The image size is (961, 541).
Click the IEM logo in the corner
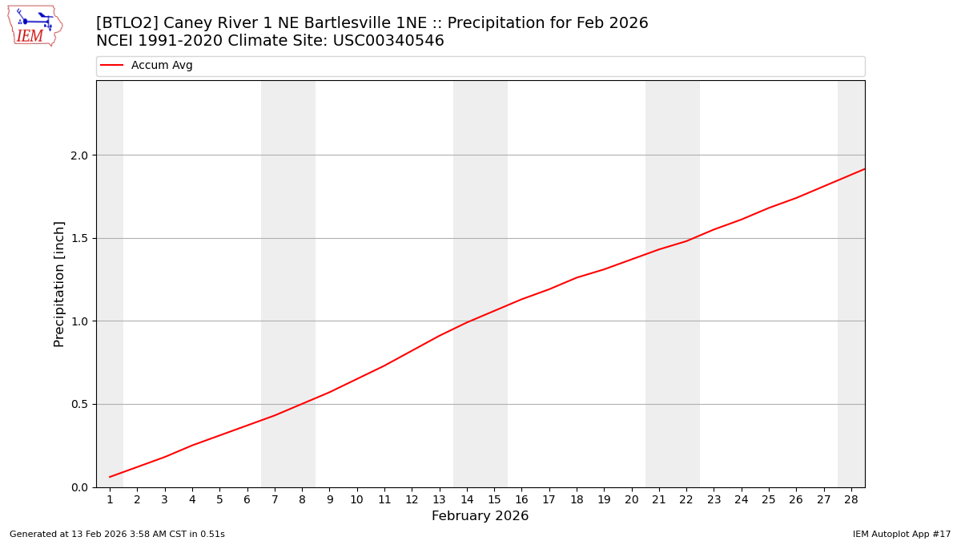pyautogui.click(x=34, y=26)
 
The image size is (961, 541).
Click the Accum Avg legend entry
pyautogui.click(x=162, y=66)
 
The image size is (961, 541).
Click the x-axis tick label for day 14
pyautogui.click(x=467, y=500)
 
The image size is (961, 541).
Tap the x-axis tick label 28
pyautogui.click(x=851, y=500)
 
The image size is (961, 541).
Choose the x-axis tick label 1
pyautogui.click(x=110, y=500)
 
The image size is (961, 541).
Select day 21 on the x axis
pyautogui.click(x=659, y=500)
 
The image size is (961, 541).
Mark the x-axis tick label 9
pyautogui.click(x=329, y=500)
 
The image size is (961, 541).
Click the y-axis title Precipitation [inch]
pyautogui.click(x=59, y=284)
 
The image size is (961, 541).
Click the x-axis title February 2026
pyautogui.click(x=480, y=516)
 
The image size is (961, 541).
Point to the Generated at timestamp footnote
pyautogui.click(x=117, y=535)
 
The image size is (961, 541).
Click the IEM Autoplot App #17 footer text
pyautogui.click(x=901, y=535)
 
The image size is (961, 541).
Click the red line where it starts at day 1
pyautogui.click(x=110, y=477)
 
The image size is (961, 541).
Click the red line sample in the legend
pyautogui.click(x=112, y=66)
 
